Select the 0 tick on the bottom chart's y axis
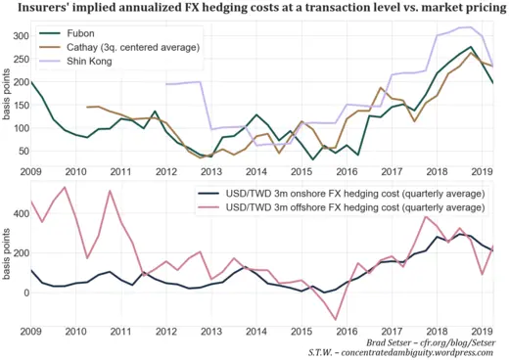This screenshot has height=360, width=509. click(23, 292)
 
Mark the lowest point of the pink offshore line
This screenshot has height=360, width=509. click(337, 319)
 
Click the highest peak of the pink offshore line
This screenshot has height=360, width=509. click(65, 188)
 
